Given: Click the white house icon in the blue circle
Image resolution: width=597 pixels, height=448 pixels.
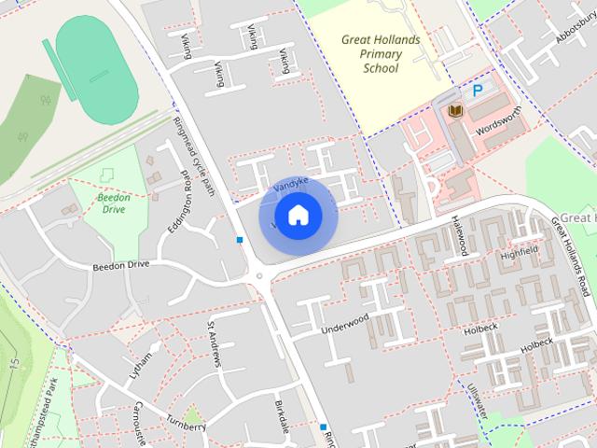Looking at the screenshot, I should (x=298, y=216).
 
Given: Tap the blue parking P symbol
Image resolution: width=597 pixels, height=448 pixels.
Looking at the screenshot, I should (x=478, y=91).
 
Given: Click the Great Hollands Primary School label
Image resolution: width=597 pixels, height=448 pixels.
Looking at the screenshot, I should (x=381, y=54).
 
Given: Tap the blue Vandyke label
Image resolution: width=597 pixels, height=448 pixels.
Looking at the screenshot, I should (x=289, y=176).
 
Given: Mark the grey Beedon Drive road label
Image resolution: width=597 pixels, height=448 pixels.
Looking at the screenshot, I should (x=120, y=266).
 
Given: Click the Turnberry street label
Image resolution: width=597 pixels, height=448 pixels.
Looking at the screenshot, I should (x=187, y=421).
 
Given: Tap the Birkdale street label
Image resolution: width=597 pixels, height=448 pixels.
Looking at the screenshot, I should (x=284, y=412).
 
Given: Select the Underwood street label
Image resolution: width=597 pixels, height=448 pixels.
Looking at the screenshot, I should (x=345, y=324).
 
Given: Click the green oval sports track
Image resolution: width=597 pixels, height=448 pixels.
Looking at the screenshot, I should (x=96, y=60).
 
